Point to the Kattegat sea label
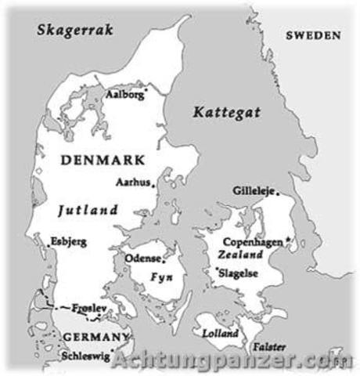(223, 112)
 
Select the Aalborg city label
(125, 94)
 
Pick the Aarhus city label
(132, 182)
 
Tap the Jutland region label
(88, 210)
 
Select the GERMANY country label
(93, 337)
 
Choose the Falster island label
(268, 347)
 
